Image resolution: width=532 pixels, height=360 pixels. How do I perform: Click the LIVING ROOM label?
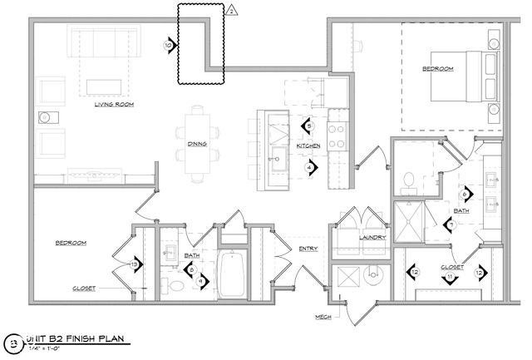click(x=114, y=105)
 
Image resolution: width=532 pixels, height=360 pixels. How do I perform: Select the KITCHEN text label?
click(x=308, y=145)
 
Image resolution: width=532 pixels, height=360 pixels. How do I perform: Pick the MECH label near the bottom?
click(x=323, y=318)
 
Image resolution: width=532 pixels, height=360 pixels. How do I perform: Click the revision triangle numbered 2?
click(x=233, y=10)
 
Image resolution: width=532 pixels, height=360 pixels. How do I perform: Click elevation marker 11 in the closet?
click(x=450, y=277)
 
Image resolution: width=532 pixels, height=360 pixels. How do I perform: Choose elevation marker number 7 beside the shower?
click(x=450, y=224)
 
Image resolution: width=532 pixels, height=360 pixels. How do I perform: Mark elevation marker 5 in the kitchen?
click(x=308, y=126)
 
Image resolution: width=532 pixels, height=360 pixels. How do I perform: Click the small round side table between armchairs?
click(x=44, y=117)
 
